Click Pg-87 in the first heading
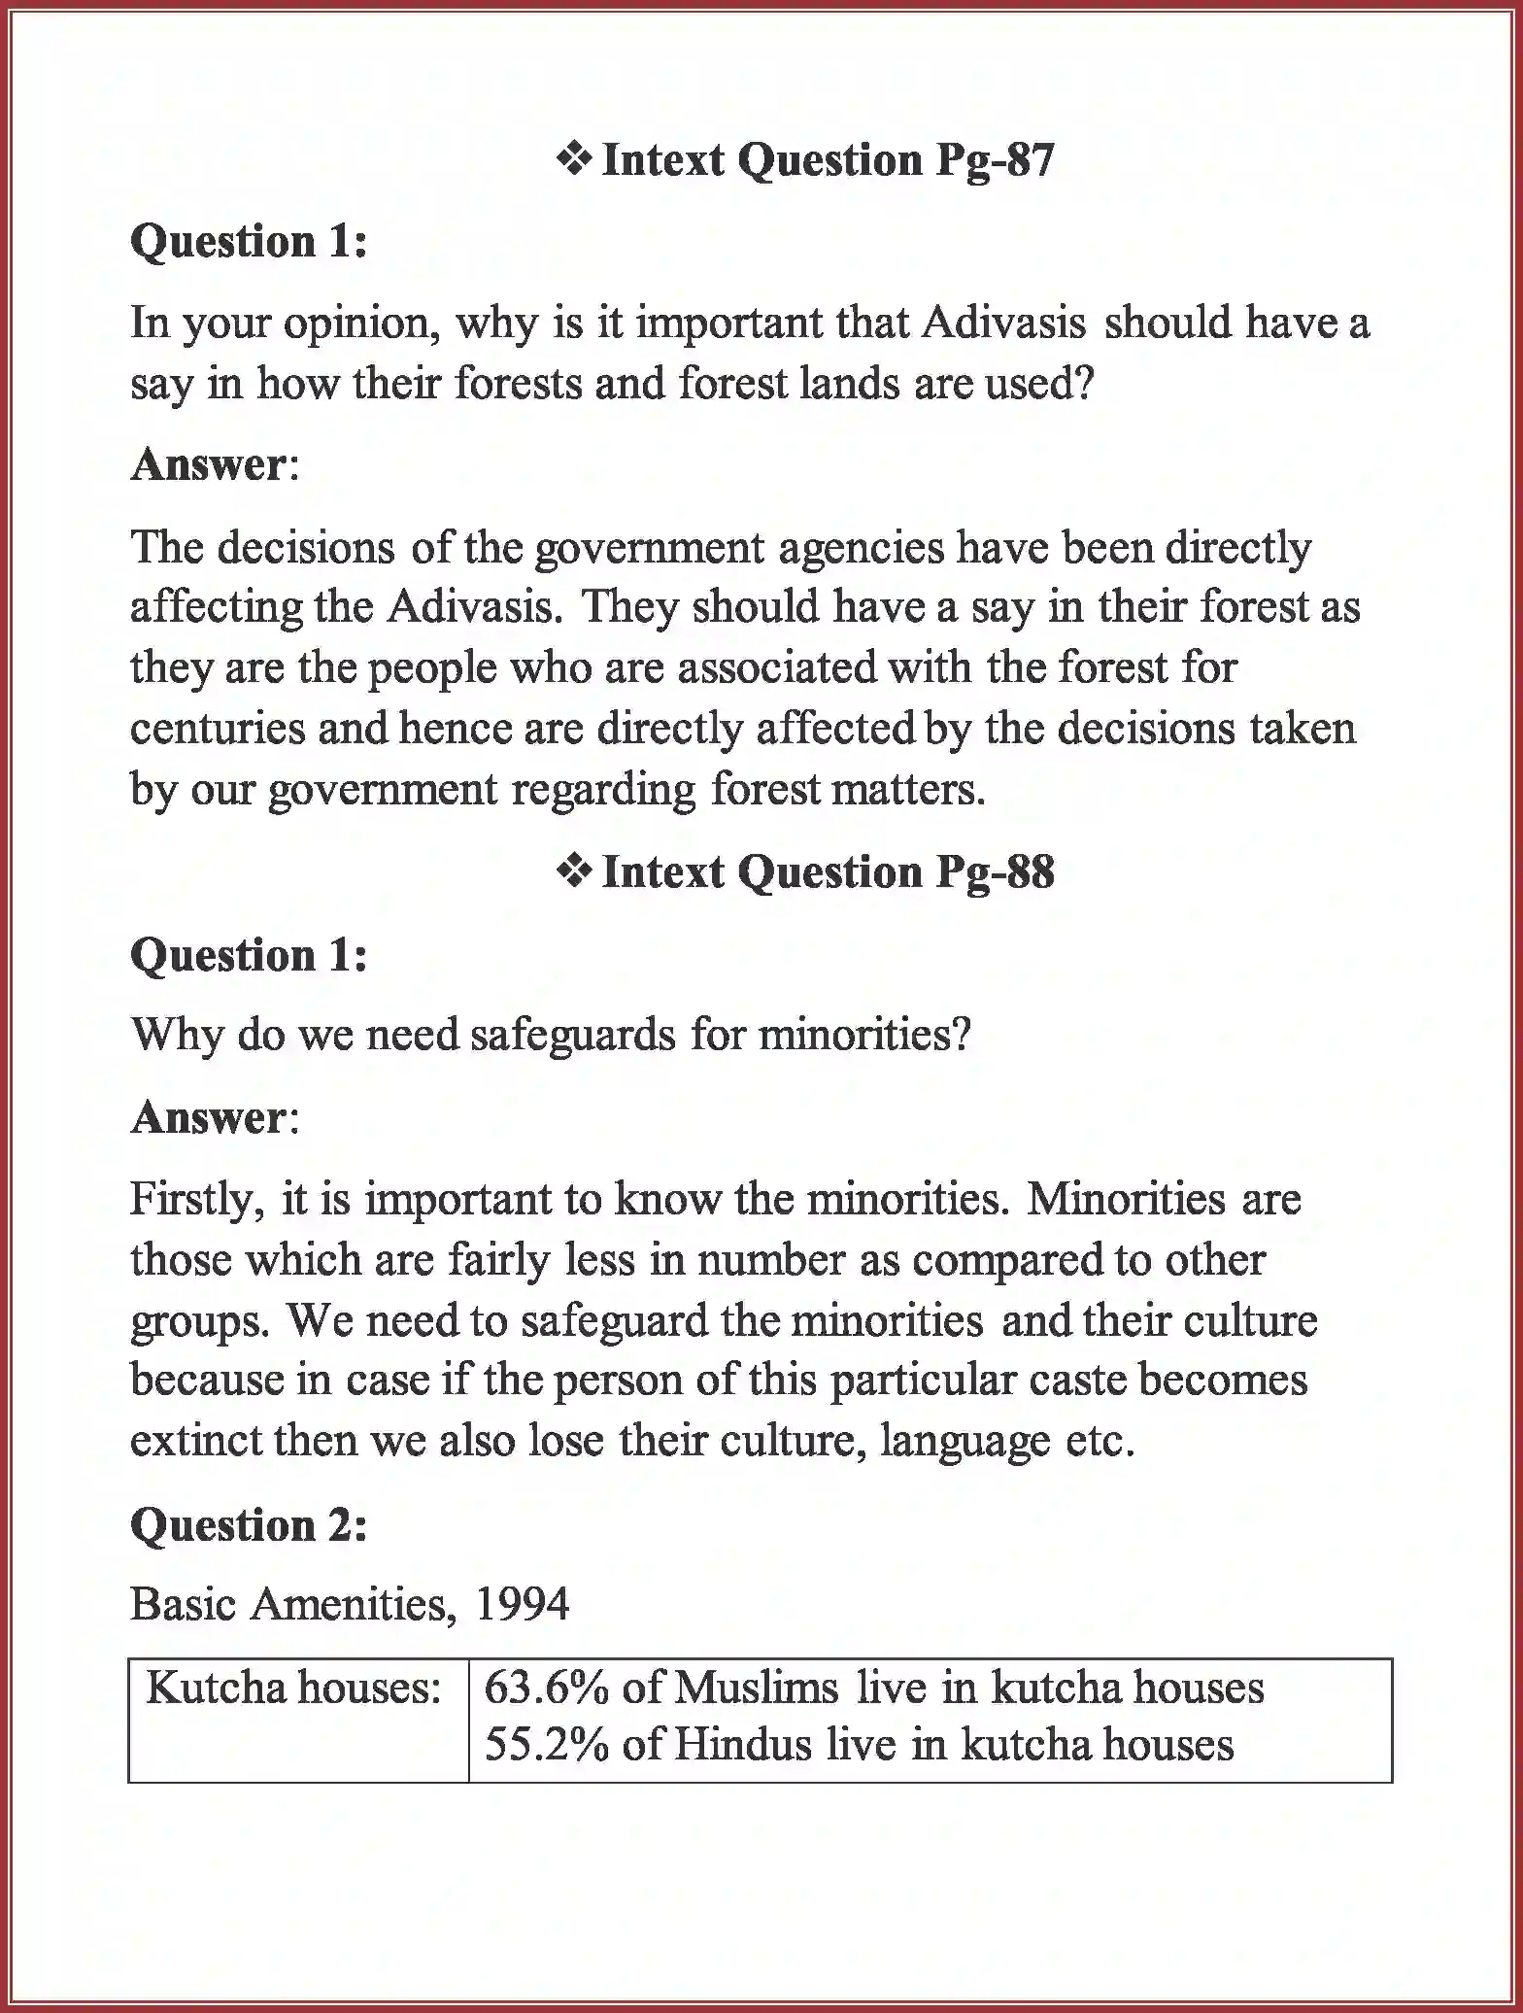pos(995,160)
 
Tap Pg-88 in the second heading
pos(995,871)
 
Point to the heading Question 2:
pos(249,1524)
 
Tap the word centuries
pos(218,729)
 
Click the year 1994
pos(523,1604)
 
